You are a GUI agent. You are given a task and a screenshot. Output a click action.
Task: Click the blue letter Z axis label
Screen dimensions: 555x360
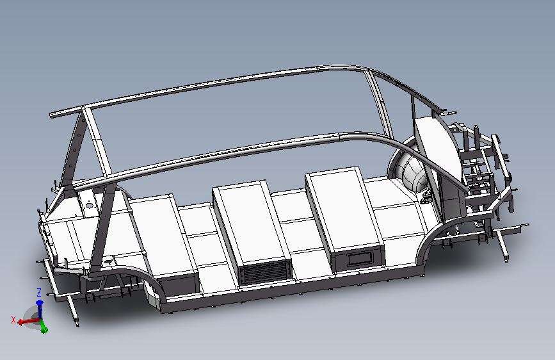[39, 293]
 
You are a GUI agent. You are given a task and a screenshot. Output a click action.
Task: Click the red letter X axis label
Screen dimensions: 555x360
[13, 320]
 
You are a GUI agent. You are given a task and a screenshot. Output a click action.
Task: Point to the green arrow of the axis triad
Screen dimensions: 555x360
[43, 327]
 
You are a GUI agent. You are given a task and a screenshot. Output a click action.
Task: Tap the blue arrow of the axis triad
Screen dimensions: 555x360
[40, 309]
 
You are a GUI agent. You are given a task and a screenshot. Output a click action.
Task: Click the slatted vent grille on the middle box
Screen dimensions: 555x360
[264, 272]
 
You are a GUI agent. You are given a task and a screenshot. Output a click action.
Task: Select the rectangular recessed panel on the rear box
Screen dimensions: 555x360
[360, 259]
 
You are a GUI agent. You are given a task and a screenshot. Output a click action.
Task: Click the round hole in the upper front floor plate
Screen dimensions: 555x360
[89, 205]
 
